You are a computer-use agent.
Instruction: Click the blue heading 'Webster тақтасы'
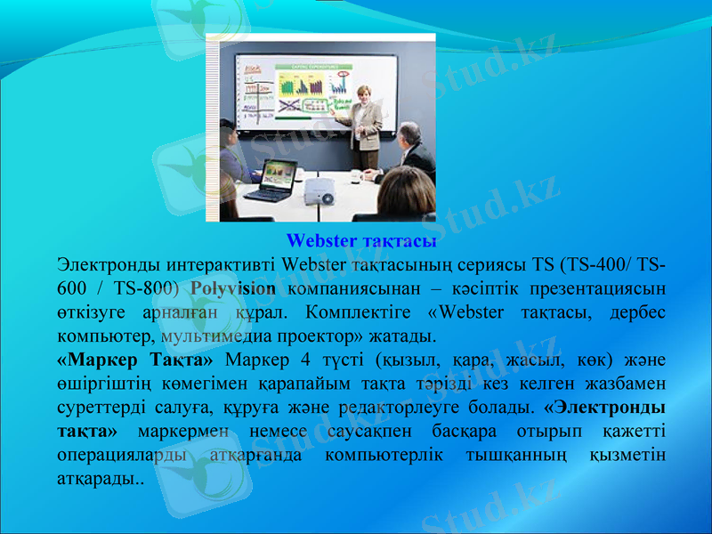tap(360, 241)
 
